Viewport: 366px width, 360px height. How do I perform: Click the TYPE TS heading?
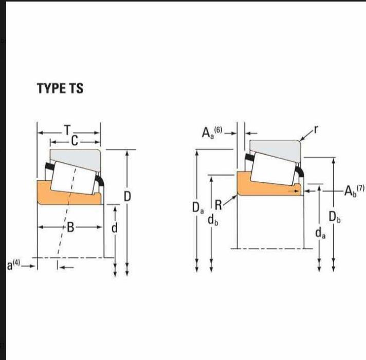[x=60, y=88]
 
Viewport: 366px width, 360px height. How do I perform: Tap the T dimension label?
[x=67, y=130]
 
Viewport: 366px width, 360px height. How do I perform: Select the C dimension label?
[x=75, y=141]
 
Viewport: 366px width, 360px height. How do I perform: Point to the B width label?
[x=70, y=228]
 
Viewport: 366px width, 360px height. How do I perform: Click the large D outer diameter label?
[x=127, y=196]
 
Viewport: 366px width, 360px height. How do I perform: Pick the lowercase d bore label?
[x=114, y=228]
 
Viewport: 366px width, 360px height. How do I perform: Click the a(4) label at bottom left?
[x=13, y=265]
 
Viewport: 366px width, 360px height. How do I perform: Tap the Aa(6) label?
[x=212, y=132]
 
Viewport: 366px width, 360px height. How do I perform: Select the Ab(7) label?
[x=354, y=191]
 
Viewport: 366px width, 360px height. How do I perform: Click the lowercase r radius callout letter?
[x=316, y=129]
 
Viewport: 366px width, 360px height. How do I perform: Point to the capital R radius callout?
[x=218, y=205]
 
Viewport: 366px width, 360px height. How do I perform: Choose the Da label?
[x=198, y=207]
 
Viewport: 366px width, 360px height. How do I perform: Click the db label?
[x=213, y=220]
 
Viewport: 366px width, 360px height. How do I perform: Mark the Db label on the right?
[x=335, y=217]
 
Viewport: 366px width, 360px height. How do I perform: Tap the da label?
[x=320, y=233]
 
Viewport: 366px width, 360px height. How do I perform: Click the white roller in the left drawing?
[x=73, y=178]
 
